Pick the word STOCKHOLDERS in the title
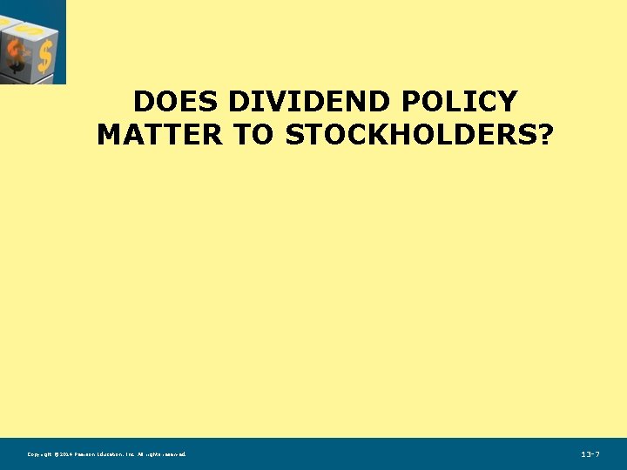point(400,135)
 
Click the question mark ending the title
point(544,135)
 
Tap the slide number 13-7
point(590,454)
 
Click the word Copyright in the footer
point(40,454)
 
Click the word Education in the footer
point(114,454)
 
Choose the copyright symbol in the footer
point(57,454)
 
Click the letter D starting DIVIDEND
point(239,103)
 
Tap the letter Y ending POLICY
point(507,103)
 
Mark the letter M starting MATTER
point(108,135)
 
